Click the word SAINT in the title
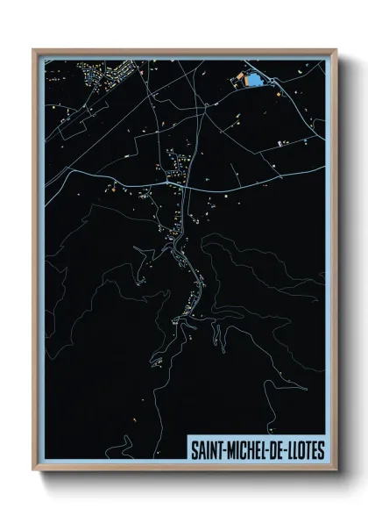point(207,449)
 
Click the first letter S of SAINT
point(195,449)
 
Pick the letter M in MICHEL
point(230,449)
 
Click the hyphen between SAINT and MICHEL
point(223,449)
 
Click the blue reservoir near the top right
point(254,80)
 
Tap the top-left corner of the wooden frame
point(33,49)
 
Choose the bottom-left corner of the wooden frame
point(33,471)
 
